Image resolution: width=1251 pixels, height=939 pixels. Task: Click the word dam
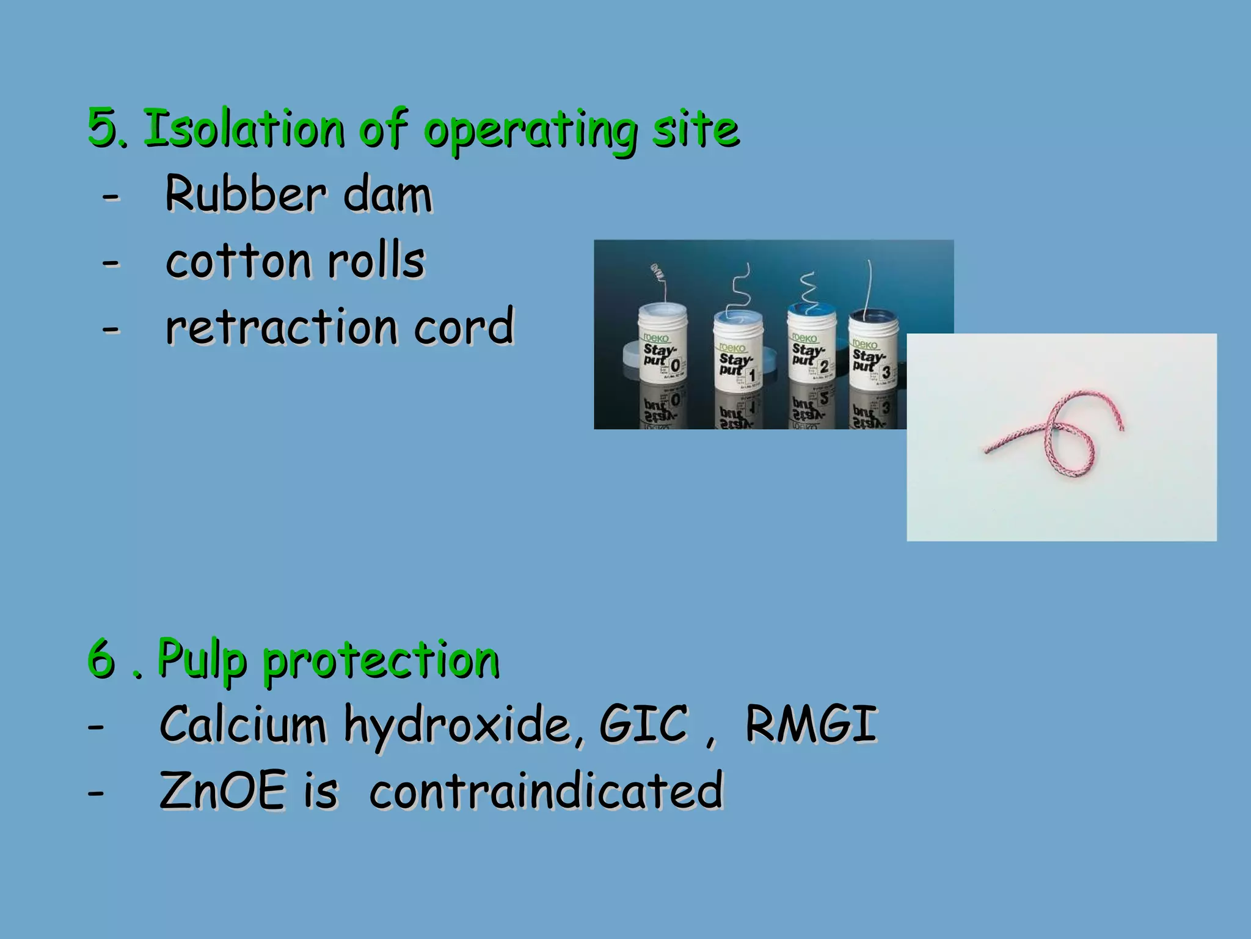387,194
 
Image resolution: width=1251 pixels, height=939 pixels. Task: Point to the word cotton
238,262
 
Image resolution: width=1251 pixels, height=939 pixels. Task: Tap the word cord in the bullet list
464,327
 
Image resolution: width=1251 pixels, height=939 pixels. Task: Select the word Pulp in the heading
202,660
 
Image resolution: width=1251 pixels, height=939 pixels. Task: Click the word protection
381,660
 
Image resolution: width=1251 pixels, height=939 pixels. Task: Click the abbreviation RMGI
811,725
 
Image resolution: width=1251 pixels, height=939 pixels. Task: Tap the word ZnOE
222,791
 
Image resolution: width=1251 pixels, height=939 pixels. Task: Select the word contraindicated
546,791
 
